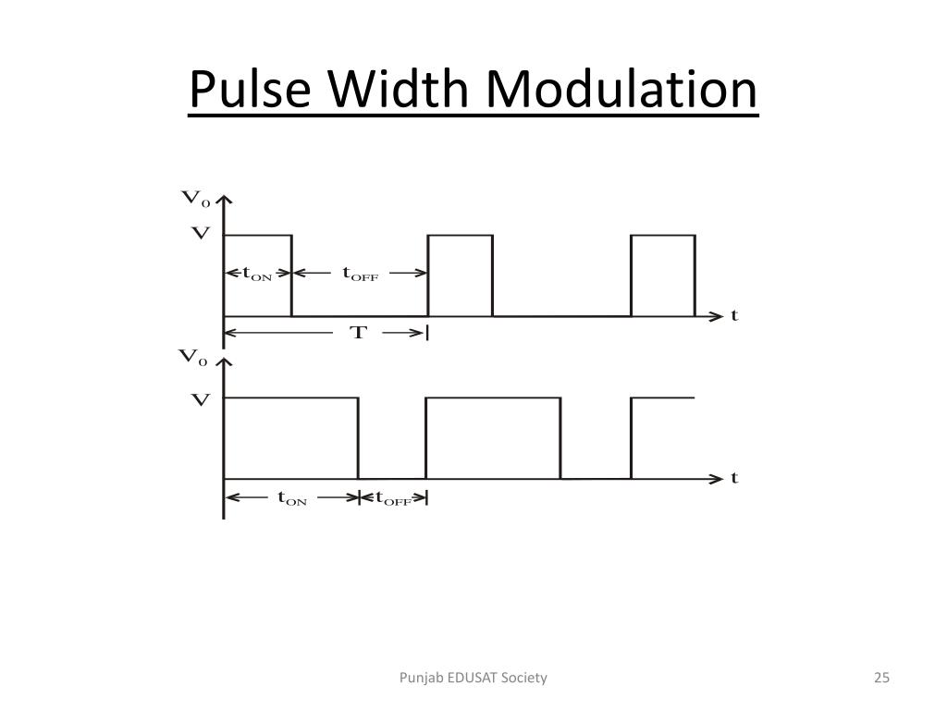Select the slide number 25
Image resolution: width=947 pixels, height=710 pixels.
(x=881, y=678)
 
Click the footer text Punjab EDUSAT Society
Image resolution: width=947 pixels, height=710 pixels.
(x=473, y=678)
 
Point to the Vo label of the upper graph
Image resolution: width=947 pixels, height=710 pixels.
(x=194, y=198)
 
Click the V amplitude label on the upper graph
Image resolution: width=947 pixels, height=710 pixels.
(x=200, y=234)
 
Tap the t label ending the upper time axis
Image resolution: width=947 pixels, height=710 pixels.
(x=734, y=315)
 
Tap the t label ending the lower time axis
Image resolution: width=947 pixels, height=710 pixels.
(x=734, y=478)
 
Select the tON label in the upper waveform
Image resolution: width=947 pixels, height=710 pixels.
(x=257, y=274)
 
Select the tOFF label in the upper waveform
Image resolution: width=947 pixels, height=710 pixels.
(x=360, y=274)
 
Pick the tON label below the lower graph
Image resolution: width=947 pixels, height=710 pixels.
(x=292, y=498)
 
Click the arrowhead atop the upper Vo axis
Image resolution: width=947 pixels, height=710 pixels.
(x=224, y=202)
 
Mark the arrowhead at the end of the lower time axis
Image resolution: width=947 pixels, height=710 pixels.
(x=718, y=478)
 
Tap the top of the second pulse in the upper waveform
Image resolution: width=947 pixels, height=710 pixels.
(x=460, y=236)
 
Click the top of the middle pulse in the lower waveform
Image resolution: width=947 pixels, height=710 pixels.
(x=493, y=398)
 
